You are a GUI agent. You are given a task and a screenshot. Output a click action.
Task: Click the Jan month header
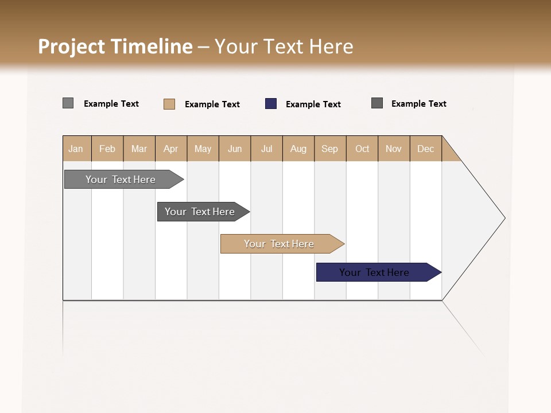coord(76,149)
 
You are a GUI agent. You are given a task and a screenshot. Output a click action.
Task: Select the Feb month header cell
coord(107,149)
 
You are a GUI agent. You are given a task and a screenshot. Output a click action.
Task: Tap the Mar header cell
coord(139,149)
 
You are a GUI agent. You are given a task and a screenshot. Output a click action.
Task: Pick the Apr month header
coord(171,149)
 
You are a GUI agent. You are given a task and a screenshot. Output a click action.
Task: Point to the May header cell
coord(203,149)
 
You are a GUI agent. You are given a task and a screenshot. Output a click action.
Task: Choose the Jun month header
coord(235,149)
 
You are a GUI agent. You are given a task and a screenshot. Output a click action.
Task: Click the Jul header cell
coord(266,149)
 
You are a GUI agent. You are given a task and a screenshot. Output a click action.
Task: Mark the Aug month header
coord(298,149)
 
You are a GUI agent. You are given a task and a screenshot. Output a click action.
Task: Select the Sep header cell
coord(330,149)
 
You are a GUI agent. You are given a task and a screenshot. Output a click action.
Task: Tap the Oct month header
coord(362,149)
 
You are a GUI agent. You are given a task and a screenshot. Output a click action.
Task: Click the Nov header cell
coord(394,149)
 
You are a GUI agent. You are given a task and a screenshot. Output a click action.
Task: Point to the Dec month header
coord(426,149)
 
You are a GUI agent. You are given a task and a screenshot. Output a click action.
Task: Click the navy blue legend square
coord(271,104)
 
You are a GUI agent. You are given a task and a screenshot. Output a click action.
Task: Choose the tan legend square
coord(169,104)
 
